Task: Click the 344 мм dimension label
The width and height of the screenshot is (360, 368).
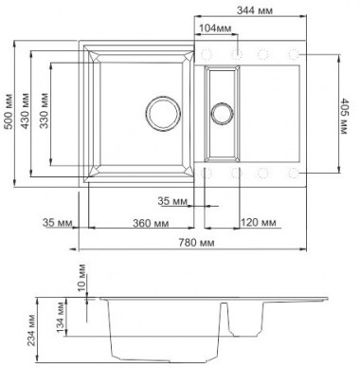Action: [255, 10]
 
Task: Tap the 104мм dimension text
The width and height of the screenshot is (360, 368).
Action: [215, 28]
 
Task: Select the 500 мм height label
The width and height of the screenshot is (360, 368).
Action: [9, 111]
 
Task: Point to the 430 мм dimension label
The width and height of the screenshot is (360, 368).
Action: [25, 111]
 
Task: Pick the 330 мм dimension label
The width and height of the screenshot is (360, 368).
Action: [45, 111]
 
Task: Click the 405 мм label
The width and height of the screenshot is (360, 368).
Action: [344, 117]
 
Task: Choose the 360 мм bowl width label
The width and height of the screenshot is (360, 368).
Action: [151, 223]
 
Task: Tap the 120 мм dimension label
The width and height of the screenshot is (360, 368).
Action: [259, 223]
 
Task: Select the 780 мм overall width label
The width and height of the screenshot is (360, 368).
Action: [196, 243]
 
